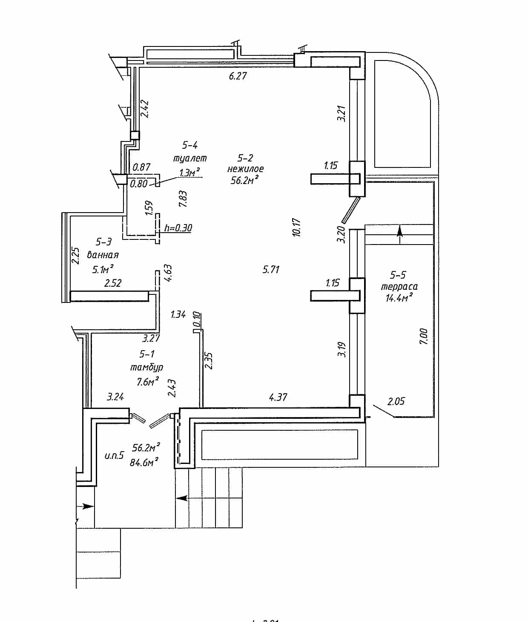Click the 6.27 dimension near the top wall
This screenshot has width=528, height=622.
(x=238, y=76)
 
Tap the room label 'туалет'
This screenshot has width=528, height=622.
(x=190, y=158)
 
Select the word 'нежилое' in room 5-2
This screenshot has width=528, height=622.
(x=246, y=169)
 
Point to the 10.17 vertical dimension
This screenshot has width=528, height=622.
(x=296, y=227)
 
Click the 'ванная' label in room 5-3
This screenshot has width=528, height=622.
(x=103, y=255)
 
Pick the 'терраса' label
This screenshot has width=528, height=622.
(x=399, y=286)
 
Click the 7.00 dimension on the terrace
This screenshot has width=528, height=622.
(x=423, y=337)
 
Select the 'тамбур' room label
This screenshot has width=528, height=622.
(x=147, y=367)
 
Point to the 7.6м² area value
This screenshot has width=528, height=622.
(x=148, y=381)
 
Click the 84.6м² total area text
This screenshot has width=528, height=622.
(x=144, y=462)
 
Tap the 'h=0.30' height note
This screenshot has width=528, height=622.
(x=178, y=228)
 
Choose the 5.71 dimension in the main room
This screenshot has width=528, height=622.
(x=271, y=269)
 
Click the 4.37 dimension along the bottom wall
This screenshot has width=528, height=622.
(x=278, y=397)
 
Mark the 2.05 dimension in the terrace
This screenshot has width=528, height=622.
(x=396, y=401)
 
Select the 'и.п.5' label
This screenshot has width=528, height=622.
(x=114, y=455)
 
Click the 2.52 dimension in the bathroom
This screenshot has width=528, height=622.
(x=113, y=283)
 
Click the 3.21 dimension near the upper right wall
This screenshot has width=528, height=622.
(x=341, y=113)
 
